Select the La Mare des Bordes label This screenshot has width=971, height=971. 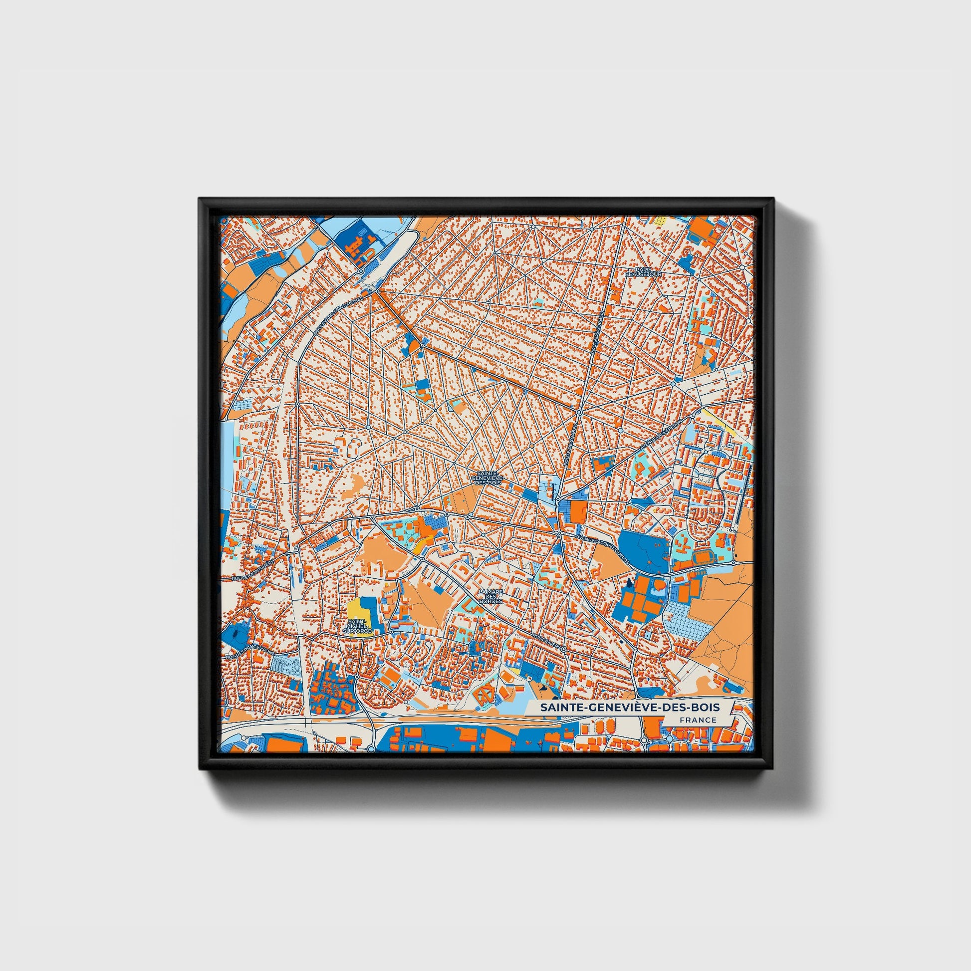(x=490, y=596)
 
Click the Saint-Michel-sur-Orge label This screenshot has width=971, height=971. (x=357, y=626)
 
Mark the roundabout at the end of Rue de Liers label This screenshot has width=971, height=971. (x=563, y=649)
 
